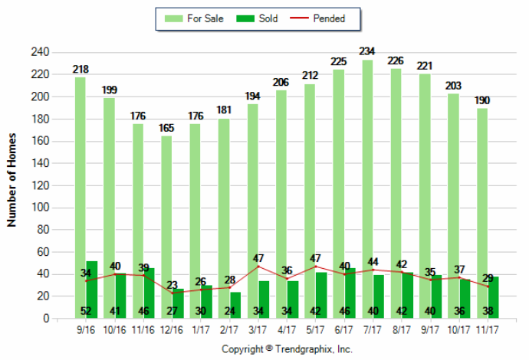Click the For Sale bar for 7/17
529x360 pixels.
pyautogui.click(x=367, y=189)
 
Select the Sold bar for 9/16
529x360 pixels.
pyautogui.click(x=92, y=290)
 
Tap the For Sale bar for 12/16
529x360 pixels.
pyautogui.click(x=166, y=227)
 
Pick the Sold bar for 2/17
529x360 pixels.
pyautogui.click(x=235, y=305)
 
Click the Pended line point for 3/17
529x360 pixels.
pyautogui.click(x=258, y=267)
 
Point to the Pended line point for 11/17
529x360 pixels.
pyautogui.click(x=488, y=286)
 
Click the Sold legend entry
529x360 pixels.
pyautogui.click(x=257, y=18)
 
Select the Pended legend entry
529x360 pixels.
pyautogui.click(x=317, y=18)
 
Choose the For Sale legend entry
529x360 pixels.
pyautogui.click(x=194, y=18)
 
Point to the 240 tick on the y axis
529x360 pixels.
pyautogui.click(x=40, y=52)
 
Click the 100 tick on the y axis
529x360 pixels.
pyautogui.click(x=40, y=208)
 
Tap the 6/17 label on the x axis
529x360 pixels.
pyautogui.click(x=344, y=329)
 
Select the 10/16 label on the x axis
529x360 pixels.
pyautogui.click(x=115, y=329)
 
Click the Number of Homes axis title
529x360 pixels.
pyautogui.click(x=11, y=180)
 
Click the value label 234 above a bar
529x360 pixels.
pyautogui.click(x=367, y=51)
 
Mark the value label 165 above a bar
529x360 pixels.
pyautogui.click(x=166, y=128)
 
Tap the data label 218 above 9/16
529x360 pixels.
pyautogui.click(x=80, y=70)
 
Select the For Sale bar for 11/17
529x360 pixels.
pyautogui.click(x=482, y=214)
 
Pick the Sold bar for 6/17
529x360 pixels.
pyautogui.click(x=350, y=293)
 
